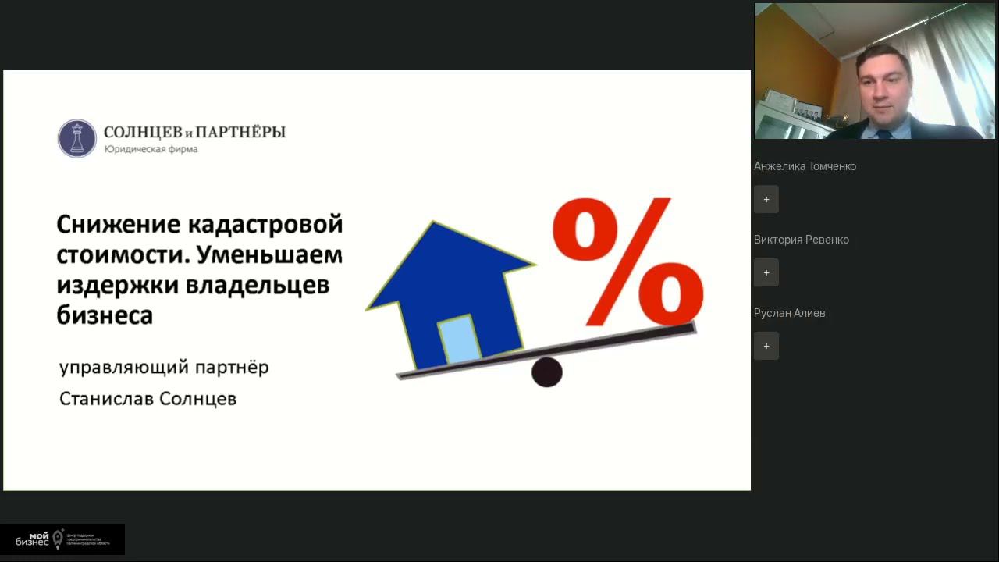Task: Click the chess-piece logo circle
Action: pos(76,138)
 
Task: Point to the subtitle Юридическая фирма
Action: pos(151,149)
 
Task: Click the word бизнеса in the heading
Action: pos(105,315)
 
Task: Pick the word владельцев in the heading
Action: pos(258,285)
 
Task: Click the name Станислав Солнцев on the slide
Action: pos(148,399)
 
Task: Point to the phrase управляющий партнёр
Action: pos(164,367)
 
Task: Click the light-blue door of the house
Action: pos(459,340)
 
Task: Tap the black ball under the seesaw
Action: pos(547,372)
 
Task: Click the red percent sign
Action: pos(628,261)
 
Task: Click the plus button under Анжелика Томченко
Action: pos(766,199)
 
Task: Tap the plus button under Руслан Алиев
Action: pos(766,346)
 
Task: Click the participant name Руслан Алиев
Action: pos(789,313)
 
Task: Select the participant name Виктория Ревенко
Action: pos(801,240)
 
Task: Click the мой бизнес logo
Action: pos(62,539)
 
